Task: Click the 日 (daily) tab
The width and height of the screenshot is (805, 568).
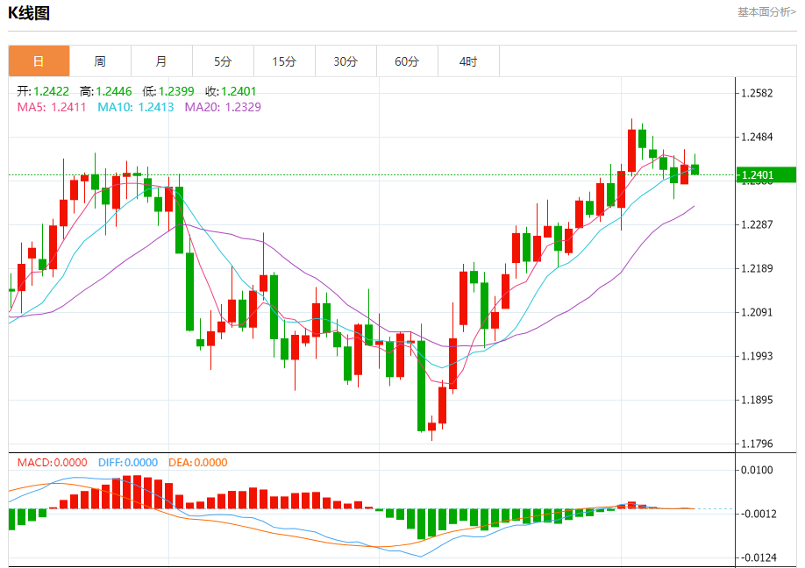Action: click(39, 61)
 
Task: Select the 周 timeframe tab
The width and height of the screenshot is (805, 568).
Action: click(100, 61)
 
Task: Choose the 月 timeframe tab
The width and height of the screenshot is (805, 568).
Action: click(161, 61)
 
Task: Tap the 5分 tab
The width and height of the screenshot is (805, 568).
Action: click(223, 61)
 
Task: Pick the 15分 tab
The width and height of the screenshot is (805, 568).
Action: click(284, 61)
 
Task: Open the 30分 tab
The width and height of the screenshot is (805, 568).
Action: click(346, 61)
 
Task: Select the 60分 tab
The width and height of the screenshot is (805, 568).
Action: click(407, 61)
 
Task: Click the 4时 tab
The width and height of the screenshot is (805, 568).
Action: click(468, 61)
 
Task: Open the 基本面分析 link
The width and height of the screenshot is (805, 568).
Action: click(766, 12)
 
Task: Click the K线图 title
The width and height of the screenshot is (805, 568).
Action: click(29, 13)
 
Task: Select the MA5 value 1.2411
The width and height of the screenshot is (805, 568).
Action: click(69, 107)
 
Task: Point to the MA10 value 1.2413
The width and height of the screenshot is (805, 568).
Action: click(156, 107)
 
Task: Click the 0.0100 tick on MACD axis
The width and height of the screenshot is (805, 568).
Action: click(759, 471)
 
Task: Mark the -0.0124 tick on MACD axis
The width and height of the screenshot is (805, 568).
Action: click(759, 557)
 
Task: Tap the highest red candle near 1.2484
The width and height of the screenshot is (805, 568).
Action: click(631, 150)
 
